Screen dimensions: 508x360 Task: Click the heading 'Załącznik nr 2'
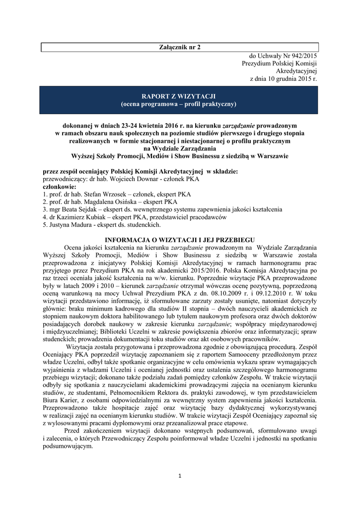180,47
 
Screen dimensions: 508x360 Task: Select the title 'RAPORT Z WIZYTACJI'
180,96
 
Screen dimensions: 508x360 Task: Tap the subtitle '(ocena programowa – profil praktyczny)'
180,104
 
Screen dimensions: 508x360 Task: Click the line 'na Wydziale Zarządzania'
180,148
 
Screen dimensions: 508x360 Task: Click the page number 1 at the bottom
180,477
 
